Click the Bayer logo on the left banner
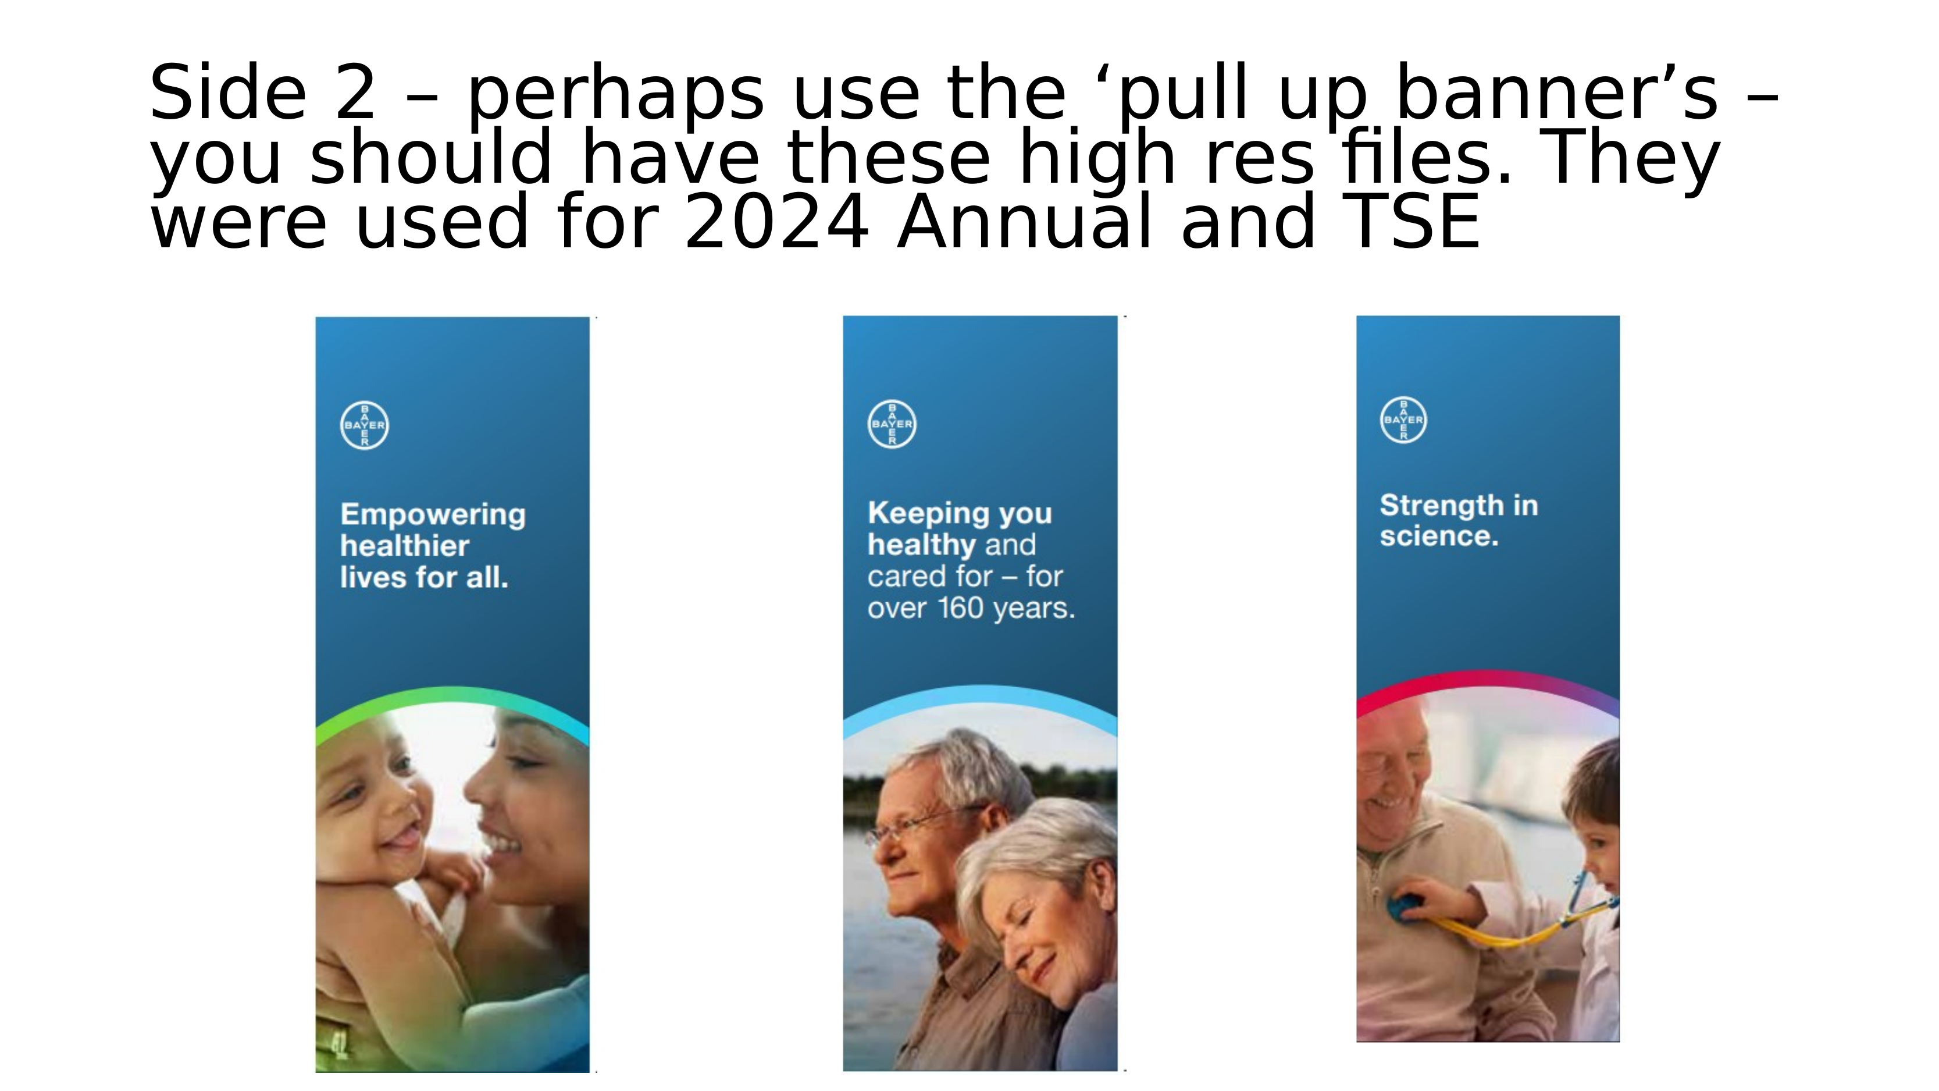pos(364,425)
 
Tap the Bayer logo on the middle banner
pos(892,424)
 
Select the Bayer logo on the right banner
pos(1403,420)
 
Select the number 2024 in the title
pos(776,221)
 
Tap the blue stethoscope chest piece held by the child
pos(1405,907)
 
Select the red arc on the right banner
pos(1487,678)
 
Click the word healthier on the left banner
pos(405,546)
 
